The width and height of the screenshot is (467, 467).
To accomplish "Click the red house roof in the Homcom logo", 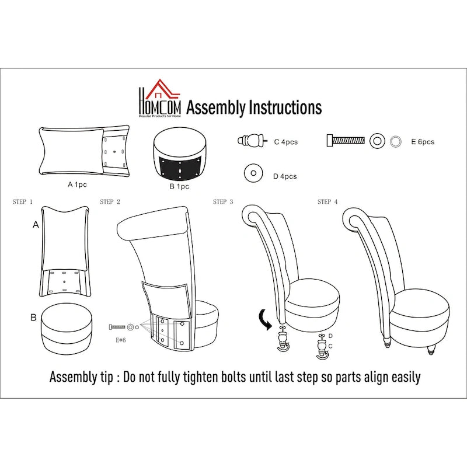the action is (168, 89).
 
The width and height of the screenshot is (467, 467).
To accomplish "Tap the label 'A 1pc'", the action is (77, 184).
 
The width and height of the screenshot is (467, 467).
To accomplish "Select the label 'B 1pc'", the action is (179, 186).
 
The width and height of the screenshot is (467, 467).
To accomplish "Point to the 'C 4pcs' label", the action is (286, 142).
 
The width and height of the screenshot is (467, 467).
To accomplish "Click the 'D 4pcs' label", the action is (285, 176).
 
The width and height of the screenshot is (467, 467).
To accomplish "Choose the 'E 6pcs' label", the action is (423, 142).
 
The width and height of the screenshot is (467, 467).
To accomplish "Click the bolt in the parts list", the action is (346, 141).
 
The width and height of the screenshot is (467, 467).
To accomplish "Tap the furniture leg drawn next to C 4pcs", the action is (252, 140).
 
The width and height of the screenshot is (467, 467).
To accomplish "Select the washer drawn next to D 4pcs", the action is (253, 173).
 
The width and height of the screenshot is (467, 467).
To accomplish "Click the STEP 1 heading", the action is (23, 202).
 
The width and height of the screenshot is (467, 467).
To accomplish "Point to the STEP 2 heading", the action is (110, 202).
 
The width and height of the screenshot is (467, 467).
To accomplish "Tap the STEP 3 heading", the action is (223, 202).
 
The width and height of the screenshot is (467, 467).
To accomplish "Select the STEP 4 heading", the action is (327, 202).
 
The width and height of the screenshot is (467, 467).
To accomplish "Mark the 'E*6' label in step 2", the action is (121, 340).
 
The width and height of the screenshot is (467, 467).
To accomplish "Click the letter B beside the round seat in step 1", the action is (33, 318).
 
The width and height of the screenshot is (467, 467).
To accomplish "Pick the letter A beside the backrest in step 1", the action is (36, 225).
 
